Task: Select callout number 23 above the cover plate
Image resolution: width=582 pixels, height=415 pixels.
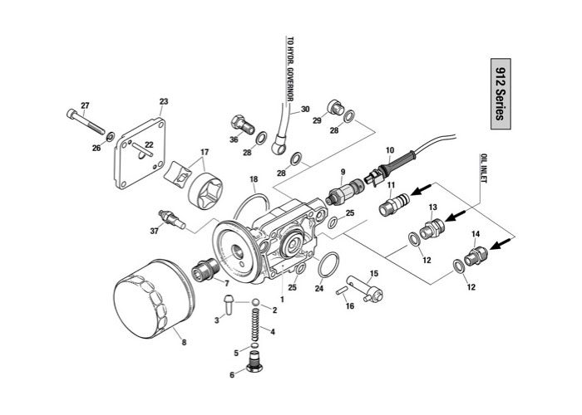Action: click(164, 101)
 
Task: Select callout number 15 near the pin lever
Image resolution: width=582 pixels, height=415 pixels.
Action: click(374, 273)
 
